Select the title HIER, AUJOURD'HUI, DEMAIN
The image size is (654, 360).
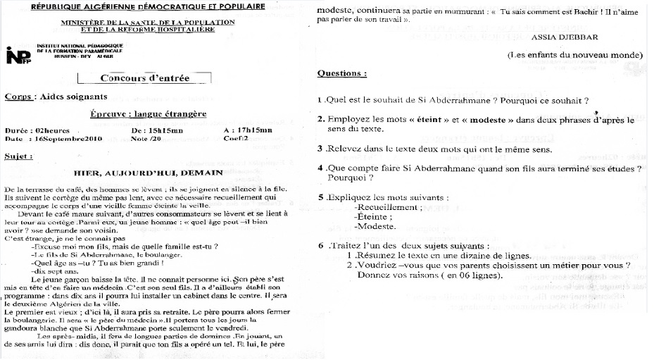point(148,172)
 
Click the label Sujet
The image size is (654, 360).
point(18,156)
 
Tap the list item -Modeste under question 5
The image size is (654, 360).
point(375,226)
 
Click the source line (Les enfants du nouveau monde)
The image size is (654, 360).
point(575,55)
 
